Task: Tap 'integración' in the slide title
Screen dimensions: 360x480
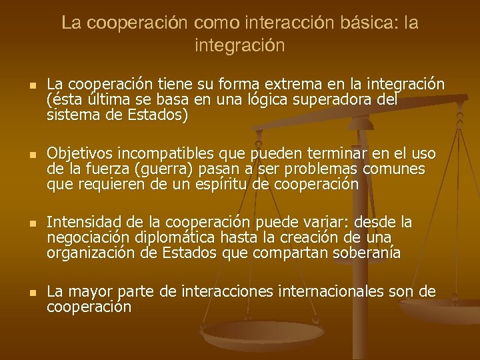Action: [x=240, y=46]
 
